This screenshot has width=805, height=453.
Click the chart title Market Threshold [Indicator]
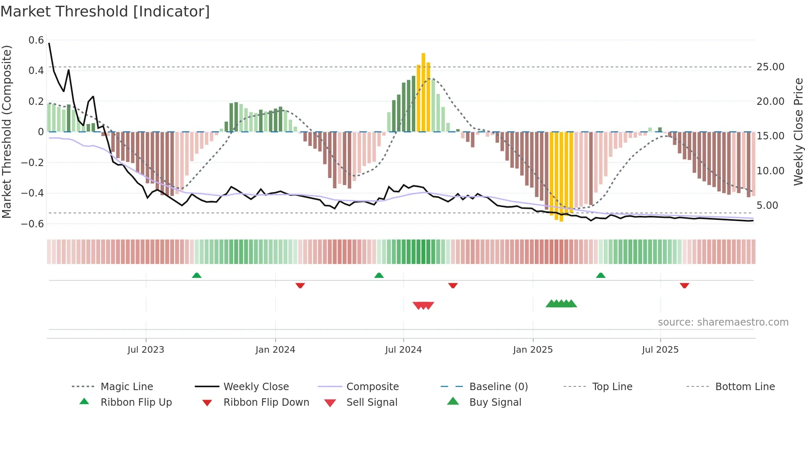[x=105, y=12]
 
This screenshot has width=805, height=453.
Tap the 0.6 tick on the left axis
[x=36, y=40]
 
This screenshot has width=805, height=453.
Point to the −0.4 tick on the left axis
[x=32, y=193]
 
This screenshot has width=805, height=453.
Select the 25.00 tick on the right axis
[x=770, y=67]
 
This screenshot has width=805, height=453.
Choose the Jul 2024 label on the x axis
[x=403, y=350]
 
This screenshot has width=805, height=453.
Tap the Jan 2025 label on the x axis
[x=533, y=350]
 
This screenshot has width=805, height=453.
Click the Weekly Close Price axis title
[x=798, y=132]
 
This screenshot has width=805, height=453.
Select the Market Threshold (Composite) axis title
[x=7, y=132]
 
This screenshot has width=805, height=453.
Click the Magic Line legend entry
[x=126, y=387]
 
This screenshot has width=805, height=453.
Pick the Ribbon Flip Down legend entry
[x=266, y=402]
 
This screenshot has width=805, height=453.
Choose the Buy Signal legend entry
[x=495, y=402]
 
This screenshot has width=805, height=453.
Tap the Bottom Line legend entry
[x=745, y=387]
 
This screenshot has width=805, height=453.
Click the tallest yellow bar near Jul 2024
[x=423, y=92]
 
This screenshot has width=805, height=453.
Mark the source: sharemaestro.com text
[x=723, y=322]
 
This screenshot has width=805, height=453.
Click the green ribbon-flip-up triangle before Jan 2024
[x=197, y=275]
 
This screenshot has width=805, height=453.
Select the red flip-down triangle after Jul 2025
[x=684, y=285]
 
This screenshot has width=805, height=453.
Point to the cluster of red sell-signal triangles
[x=423, y=305]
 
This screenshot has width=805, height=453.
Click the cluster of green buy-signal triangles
[x=561, y=304]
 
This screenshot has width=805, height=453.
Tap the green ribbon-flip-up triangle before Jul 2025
[x=600, y=275]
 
